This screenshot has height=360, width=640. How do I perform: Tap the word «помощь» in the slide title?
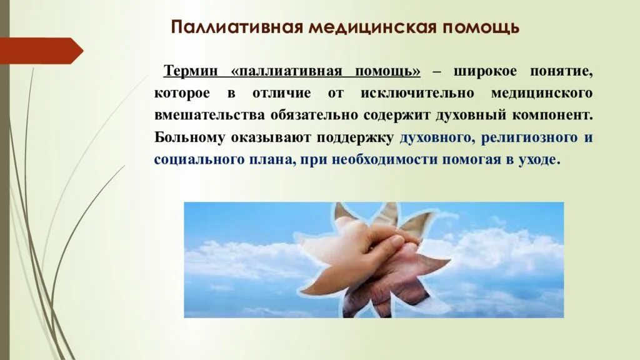point(481,28)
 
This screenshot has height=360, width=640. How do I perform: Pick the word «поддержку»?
point(357,137)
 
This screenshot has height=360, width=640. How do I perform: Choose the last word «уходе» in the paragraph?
point(536,159)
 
